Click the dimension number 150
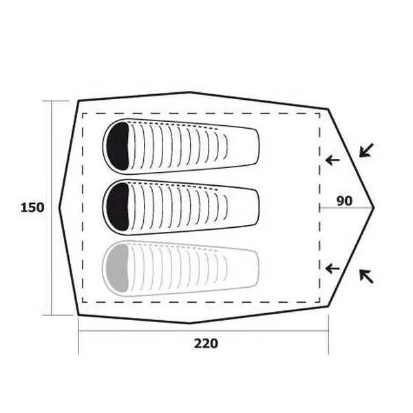pos(32,208)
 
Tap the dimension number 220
pos(206,343)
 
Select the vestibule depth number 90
pos(345,201)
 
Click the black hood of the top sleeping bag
pos(118,146)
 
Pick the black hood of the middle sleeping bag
pos(118,206)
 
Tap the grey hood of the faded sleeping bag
pos(118,268)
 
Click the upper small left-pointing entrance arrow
pos(332,160)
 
